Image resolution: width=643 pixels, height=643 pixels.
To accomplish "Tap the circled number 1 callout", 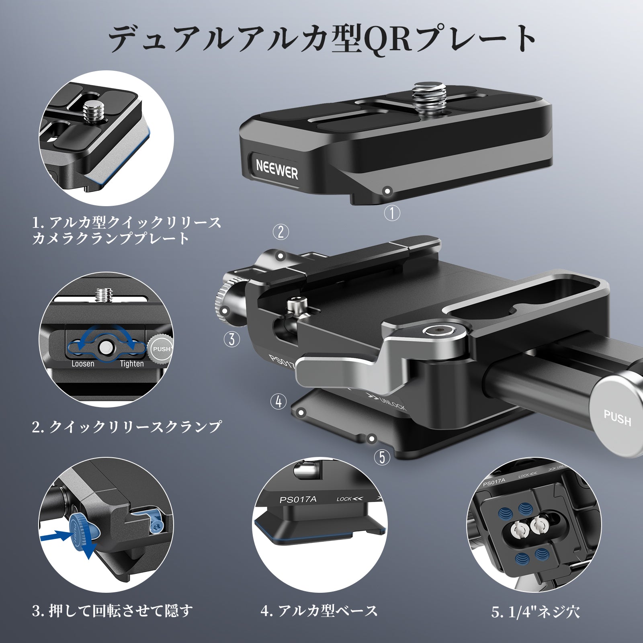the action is pos(392,212).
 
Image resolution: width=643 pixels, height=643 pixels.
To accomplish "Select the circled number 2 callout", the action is pos(281,231).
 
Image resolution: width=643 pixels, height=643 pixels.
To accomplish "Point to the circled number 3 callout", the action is pos(232,339).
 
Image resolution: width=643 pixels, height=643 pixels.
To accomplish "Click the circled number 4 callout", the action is pos(278,401).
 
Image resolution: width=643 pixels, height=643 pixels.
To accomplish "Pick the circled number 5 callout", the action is pos(382,457).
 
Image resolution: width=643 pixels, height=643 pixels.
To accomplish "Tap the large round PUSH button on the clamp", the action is pos(617,418).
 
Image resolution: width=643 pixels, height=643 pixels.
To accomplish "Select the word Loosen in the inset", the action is pos(83,364).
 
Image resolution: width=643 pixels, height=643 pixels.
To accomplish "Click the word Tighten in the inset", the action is pos(132,364).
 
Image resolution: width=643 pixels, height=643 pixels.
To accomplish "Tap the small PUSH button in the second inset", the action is pos(161,349).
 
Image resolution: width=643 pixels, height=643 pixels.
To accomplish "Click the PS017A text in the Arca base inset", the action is pos(298,500).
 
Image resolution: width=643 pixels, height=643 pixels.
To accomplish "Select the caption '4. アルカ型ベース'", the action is pos(319,611).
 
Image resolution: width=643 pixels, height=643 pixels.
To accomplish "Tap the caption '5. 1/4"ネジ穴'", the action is pos(535,612).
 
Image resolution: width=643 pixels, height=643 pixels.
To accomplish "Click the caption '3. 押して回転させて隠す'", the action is pos(113,611).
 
